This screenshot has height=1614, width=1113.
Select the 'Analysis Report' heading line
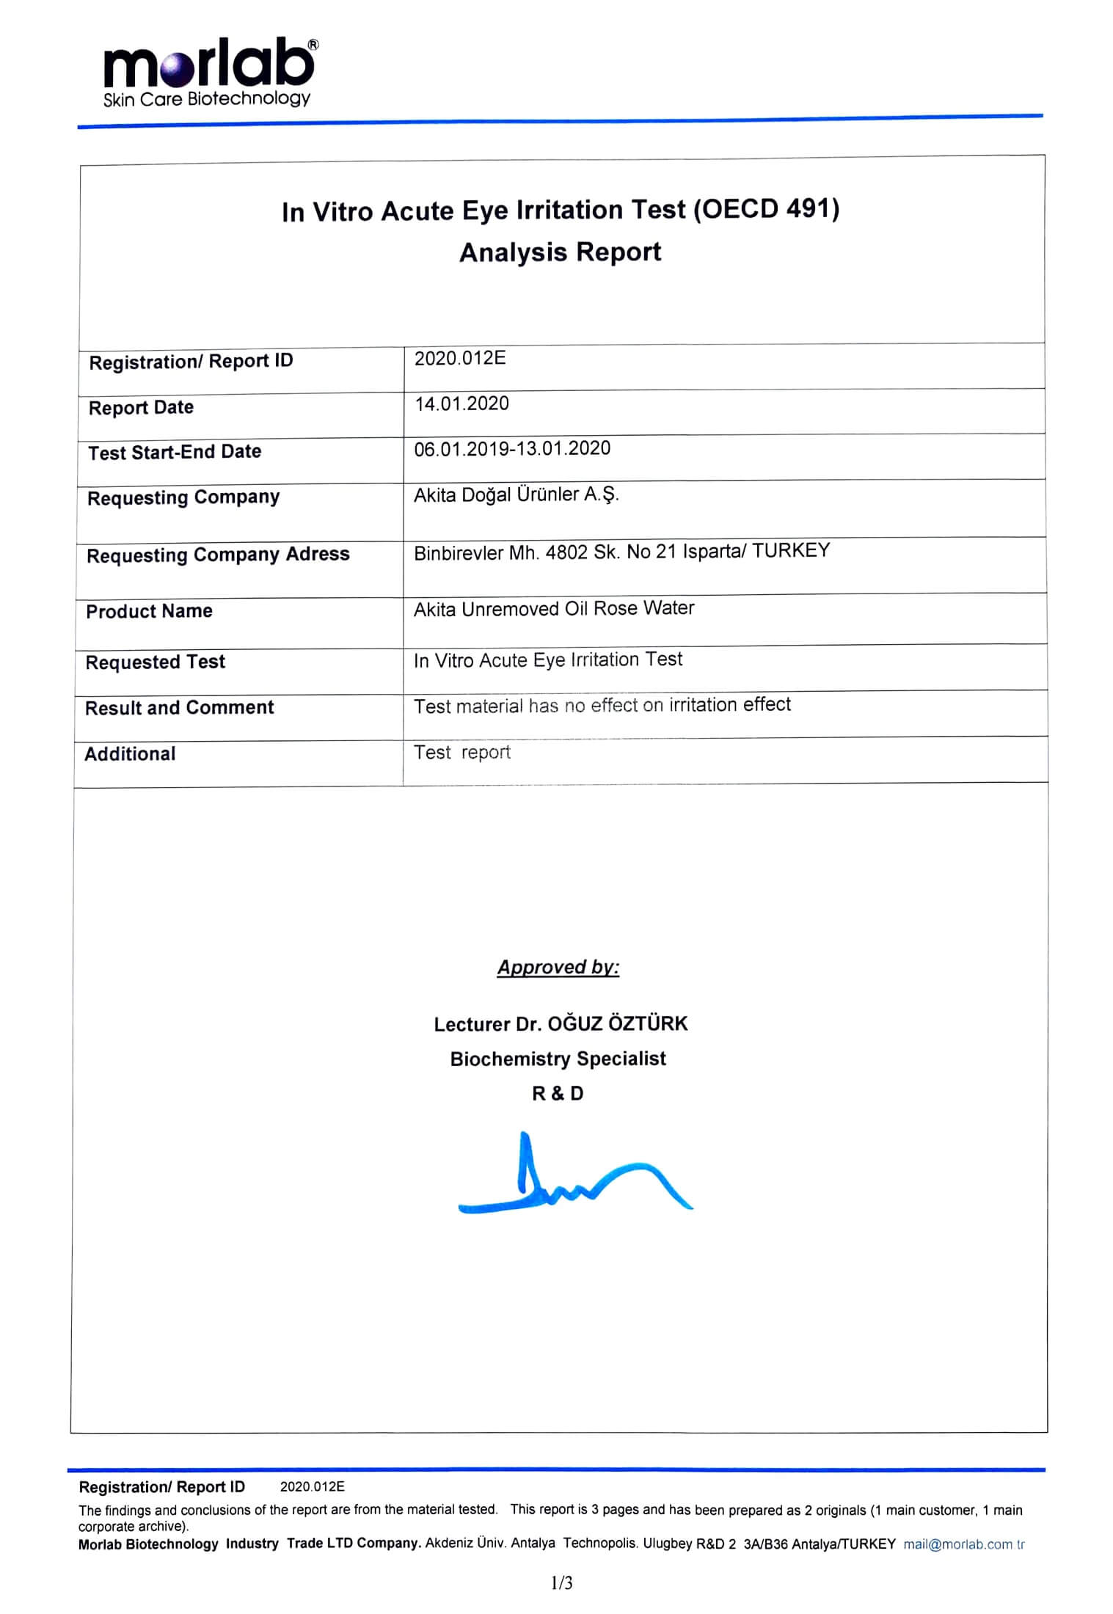point(560,252)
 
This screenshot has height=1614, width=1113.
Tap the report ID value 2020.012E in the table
point(460,359)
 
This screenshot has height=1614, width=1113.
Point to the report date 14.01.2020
point(461,403)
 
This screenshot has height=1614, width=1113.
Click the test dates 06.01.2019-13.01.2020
point(512,449)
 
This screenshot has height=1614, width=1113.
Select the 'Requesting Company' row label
point(183,497)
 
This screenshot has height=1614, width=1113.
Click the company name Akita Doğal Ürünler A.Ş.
point(516,495)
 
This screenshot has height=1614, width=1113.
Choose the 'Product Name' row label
point(149,611)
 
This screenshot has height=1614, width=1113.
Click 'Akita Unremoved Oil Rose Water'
point(554,609)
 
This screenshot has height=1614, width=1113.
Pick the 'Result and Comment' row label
point(179,708)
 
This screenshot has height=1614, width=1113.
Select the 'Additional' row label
point(130,754)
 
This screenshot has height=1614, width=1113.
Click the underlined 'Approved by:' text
point(558,968)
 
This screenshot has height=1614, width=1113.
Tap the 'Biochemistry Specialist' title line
point(558,1059)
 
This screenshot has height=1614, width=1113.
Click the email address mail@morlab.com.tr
point(963,1544)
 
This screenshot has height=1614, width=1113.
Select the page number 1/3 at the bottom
point(561,1583)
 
